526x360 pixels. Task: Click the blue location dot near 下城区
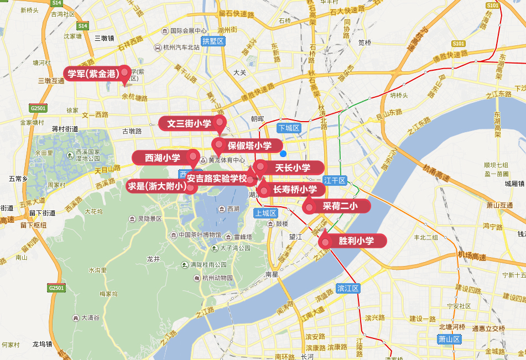(x=283, y=154)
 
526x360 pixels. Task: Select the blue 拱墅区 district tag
(x=213, y=41)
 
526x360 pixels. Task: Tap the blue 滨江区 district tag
(x=348, y=288)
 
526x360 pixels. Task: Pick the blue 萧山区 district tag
(x=449, y=339)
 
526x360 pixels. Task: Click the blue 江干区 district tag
(x=335, y=180)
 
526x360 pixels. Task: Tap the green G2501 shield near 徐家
(x=39, y=108)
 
